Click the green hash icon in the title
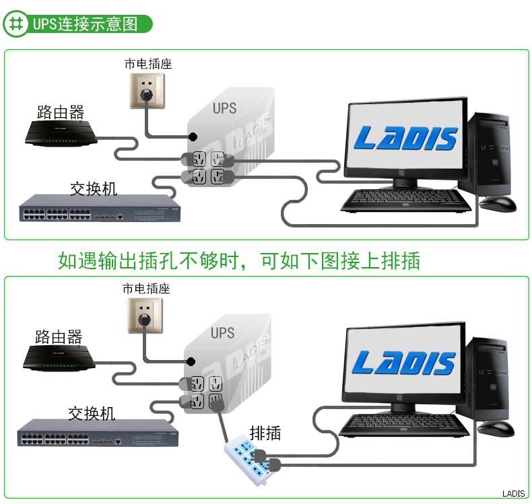click(x=14, y=25)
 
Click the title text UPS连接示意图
click(x=84, y=25)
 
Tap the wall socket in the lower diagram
click(x=145, y=314)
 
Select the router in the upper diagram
click(x=61, y=134)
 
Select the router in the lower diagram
click(x=59, y=358)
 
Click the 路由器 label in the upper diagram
click(x=61, y=112)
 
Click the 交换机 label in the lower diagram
click(x=92, y=412)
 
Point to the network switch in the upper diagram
click(x=100, y=209)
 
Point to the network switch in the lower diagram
click(x=98, y=434)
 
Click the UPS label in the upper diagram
click(x=224, y=108)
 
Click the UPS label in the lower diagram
click(x=222, y=332)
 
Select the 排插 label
click(x=265, y=433)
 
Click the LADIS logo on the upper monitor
click(x=406, y=139)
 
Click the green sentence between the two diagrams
click(x=239, y=260)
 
